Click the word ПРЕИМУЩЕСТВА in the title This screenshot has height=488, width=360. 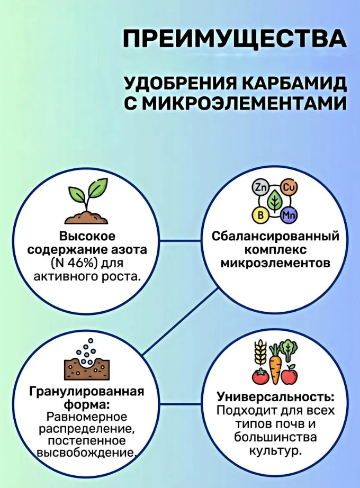click(234, 39)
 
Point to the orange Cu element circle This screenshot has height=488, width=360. click(289, 187)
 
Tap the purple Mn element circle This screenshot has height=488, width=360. click(289, 215)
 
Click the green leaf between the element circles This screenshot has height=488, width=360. click(274, 201)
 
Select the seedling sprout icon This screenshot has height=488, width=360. click(87, 201)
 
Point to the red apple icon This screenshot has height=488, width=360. click(289, 375)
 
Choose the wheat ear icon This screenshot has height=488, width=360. click(259, 353)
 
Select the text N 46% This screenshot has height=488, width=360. click(73, 263)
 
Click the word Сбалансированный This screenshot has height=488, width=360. click(275, 236)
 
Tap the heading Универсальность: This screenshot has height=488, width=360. click(275, 397)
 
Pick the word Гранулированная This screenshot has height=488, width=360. click(87, 392)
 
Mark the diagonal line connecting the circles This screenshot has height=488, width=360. click(180, 322)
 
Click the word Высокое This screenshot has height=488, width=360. click(87, 236)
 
